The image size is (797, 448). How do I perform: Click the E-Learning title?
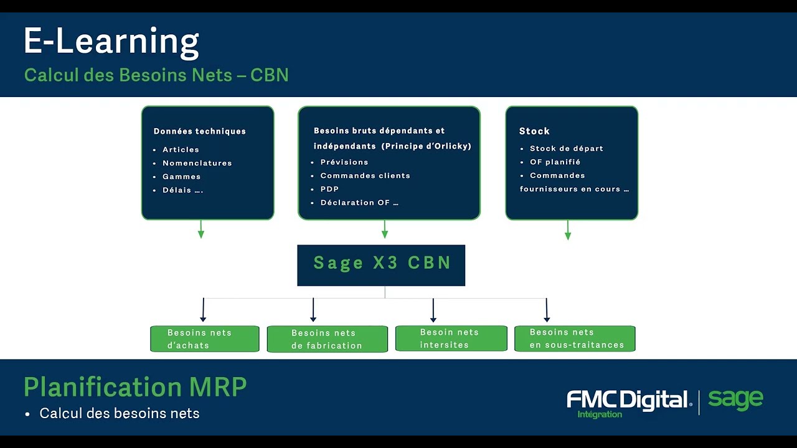[x=111, y=42]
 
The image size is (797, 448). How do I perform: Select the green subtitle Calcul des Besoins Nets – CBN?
[x=156, y=75]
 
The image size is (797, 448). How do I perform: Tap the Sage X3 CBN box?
[x=381, y=264]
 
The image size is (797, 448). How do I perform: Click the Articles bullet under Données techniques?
[x=181, y=149]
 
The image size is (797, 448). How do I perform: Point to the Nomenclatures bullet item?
[x=197, y=163]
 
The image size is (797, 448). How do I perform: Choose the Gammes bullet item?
[x=181, y=177]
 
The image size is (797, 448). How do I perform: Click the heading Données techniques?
[x=199, y=131]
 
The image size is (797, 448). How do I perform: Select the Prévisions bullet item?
[x=344, y=162]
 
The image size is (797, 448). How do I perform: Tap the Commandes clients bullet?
[x=365, y=175]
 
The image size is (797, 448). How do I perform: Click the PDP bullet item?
[x=329, y=189]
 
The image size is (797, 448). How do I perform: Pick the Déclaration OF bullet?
[x=359, y=203]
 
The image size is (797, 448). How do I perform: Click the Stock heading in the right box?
[x=534, y=131]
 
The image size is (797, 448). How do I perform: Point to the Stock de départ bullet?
[x=566, y=149]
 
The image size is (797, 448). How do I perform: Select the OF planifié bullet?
[x=555, y=162]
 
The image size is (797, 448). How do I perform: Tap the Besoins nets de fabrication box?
[x=327, y=339]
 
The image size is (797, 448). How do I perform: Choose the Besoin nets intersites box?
[x=451, y=338]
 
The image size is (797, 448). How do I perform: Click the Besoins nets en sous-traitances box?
[x=575, y=338]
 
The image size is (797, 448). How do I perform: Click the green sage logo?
[x=735, y=399]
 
